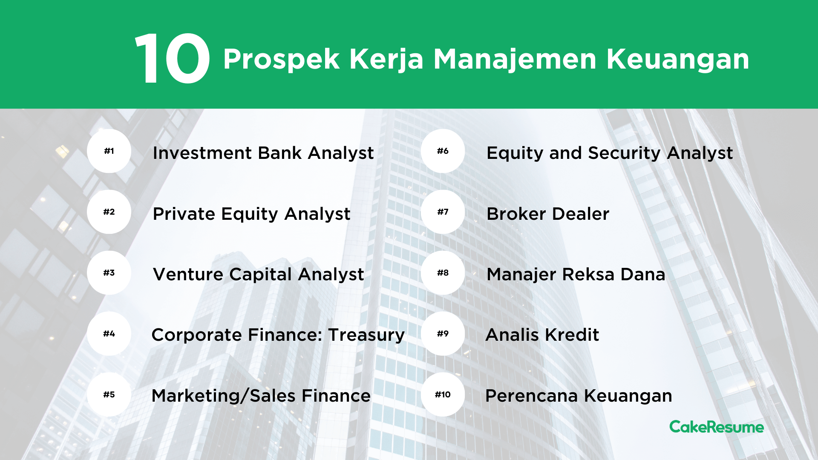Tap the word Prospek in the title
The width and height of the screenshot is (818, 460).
tap(281, 60)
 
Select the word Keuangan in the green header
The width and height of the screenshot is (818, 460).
tap(678, 60)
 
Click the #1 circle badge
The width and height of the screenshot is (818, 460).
tap(109, 151)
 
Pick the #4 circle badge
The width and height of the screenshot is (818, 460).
tap(109, 333)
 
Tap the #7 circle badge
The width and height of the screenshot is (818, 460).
tap(443, 212)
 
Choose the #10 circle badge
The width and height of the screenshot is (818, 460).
tap(443, 394)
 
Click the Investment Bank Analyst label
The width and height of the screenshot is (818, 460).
tap(263, 153)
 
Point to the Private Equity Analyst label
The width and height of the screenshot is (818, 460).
tap(251, 214)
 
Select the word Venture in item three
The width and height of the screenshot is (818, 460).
tap(188, 274)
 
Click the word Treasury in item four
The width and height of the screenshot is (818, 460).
tap(366, 336)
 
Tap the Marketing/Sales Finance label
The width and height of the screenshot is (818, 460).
tap(261, 396)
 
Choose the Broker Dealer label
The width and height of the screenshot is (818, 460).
tap(548, 214)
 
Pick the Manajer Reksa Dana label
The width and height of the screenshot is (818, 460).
tap(576, 275)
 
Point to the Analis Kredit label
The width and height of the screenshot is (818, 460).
tap(542, 335)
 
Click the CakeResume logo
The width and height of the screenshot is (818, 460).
tap(717, 427)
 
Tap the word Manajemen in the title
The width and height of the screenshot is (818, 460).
tap(515, 60)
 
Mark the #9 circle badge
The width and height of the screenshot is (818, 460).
tap(443, 333)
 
